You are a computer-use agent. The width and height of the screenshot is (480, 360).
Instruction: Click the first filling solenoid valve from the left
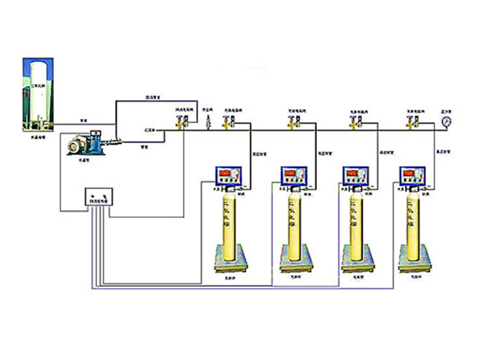[x=228, y=122]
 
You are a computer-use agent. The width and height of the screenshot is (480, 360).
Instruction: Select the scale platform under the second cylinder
[x=294, y=259]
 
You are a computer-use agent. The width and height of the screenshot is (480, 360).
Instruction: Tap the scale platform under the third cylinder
[x=355, y=259]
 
